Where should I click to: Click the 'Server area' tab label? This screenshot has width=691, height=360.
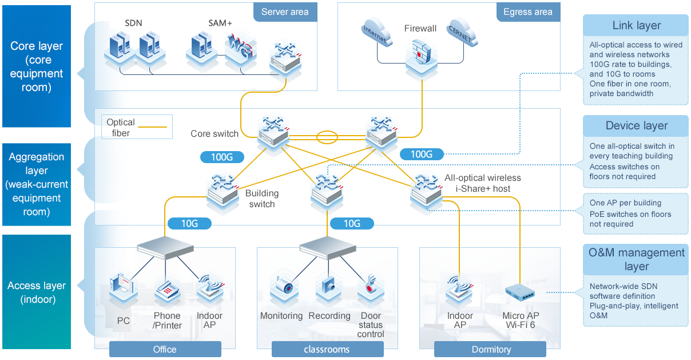(285, 12)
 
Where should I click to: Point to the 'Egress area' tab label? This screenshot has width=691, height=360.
(527, 12)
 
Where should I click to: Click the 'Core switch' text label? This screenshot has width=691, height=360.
(215, 134)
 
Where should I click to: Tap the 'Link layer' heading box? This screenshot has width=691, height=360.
(636, 26)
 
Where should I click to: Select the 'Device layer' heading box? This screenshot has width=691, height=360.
(636, 126)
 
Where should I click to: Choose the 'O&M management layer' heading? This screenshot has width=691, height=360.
(636, 259)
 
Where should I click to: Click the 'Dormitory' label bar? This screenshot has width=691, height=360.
(491, 349)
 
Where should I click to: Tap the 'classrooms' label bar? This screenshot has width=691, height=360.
(327, 349)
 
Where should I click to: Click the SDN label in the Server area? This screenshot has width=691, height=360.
(133, 23)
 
